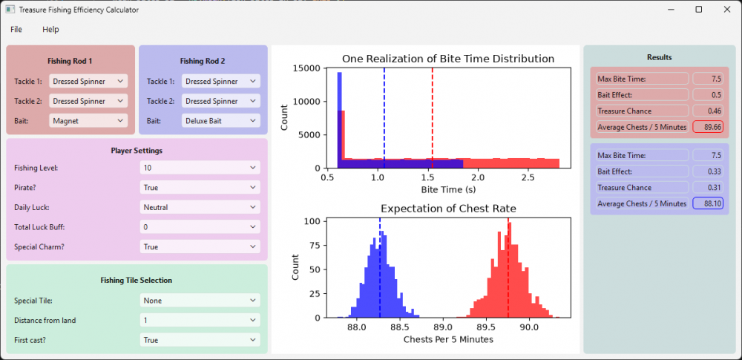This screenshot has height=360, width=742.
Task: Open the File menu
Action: coord(16,30)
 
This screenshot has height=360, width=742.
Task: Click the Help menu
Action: coord(50,30)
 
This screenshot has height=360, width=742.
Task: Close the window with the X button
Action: coord(727,10)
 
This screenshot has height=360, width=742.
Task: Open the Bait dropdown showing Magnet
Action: coord(88,121)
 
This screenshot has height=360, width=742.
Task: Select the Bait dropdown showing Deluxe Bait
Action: coord(220,121)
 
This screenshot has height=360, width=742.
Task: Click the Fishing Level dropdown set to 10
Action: coord(200,168)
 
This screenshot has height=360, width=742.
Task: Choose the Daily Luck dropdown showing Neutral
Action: coord(200,207)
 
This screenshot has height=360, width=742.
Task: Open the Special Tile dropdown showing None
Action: coord(200,301)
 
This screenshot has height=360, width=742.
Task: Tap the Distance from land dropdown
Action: coord(200,320)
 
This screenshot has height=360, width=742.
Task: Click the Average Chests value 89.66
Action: coord(708,127)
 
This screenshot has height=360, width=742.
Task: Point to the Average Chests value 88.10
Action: coord(708,203)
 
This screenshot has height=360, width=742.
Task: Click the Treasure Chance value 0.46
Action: coord(708,111)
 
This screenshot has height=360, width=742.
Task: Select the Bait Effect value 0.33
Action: coord(708,171)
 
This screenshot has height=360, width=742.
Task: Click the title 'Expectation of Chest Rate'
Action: coord(447,209)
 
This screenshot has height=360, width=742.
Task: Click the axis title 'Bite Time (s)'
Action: coord(448,190)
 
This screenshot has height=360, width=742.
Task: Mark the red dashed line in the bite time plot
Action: coord(432,118)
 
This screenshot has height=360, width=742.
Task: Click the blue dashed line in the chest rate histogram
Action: coord(379,268)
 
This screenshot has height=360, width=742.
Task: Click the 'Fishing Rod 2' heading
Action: coord(203,61)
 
